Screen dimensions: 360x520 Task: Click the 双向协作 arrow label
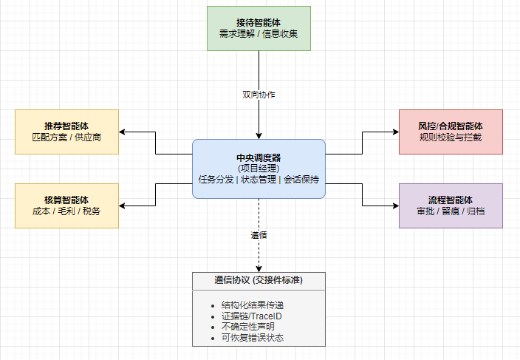click(259, 95)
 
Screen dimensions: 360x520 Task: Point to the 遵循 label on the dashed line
click(259, 235)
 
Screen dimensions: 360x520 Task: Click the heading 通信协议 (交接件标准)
click(259, 281)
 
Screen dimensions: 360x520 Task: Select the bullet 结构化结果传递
click(253, 306)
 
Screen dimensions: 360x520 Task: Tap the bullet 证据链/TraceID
click(251, 316)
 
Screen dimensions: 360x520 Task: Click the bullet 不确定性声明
click(247, 327)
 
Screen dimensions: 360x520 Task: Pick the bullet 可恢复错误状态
click(253, 338)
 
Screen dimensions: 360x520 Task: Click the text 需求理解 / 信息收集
click(259, 35)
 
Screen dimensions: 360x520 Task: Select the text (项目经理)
click(259, 168)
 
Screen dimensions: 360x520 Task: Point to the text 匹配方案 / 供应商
click(66, 137)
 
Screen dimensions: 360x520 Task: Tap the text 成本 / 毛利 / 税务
click(66, 211)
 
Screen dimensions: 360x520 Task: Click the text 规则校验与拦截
click(450, 137)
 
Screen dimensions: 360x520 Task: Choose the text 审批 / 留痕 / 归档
click(450, 211)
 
